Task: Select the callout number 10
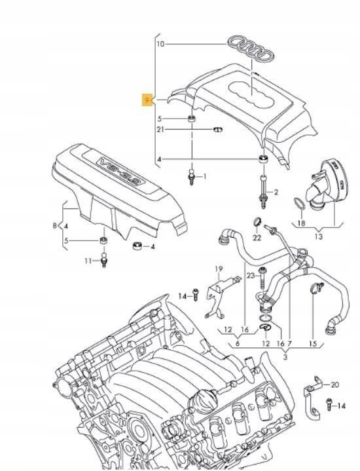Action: tap(160, 44)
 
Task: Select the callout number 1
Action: tap(203, 176)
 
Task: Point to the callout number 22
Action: tap(257, 235)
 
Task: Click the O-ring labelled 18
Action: tap(297, 206)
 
